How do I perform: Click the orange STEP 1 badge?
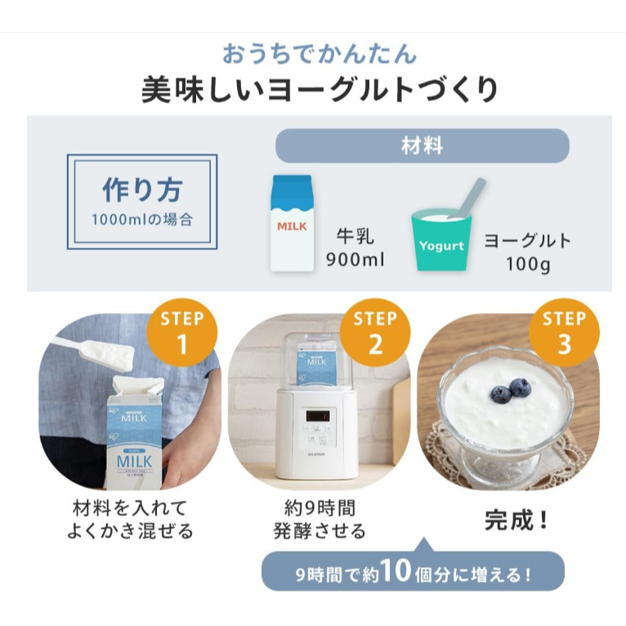[182, 332]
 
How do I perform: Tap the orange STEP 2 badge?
[375, 332]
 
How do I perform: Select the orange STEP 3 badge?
[564, 332]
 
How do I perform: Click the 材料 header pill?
[422, 145]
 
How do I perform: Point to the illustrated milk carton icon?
[293, 224]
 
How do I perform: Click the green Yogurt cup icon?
[441, 239]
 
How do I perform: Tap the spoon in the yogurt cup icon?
[468, 199]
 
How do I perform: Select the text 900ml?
[355, 260]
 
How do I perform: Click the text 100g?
[528, 264]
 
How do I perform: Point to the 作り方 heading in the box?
[142, 190]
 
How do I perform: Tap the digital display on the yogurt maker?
[318, 416]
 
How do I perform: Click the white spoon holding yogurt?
[96, 350]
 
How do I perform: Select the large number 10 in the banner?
[396, 570]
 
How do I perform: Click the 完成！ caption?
[516, 521]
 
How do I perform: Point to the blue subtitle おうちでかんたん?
[320, 54]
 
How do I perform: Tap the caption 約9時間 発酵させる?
[320, 520]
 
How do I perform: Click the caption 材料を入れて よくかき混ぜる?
[130, 520]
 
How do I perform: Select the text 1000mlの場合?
[142, 220]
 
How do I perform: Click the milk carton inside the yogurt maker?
[316, 364]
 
